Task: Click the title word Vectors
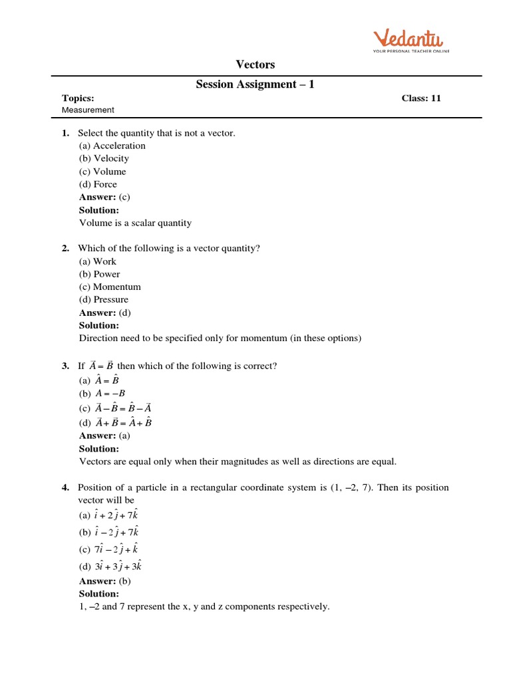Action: point(255,65)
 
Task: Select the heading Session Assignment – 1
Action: point(255,84)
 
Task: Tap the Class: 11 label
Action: point(421,98)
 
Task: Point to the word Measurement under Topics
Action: point(88,110)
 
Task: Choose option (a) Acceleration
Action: point(112,146)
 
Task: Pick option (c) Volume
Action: point(102,172)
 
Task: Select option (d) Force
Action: point(98,184)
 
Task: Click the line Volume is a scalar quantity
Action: point(135,223)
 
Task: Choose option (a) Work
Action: point(98,261)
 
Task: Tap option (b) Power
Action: point(100,274)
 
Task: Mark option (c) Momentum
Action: point(110,287)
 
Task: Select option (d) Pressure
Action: point(104,299)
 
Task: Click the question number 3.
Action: point(65,366)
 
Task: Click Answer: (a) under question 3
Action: point(104,436)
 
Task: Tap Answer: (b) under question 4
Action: point(104,581)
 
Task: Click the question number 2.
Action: point(65,248)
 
